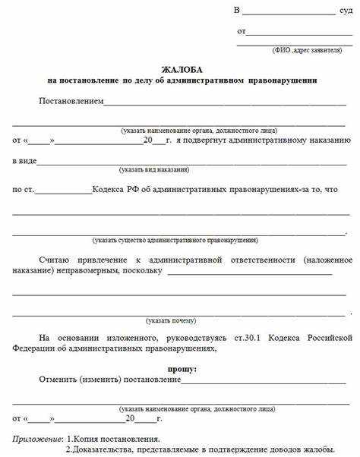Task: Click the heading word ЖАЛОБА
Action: point(181,69)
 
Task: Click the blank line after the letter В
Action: point(289,14)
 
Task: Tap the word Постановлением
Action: point(71,101)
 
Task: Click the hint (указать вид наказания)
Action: point(154,169)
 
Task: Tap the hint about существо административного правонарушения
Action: point(175,240)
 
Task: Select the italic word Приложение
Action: point(36,440)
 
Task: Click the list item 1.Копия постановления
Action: point(113,440)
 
